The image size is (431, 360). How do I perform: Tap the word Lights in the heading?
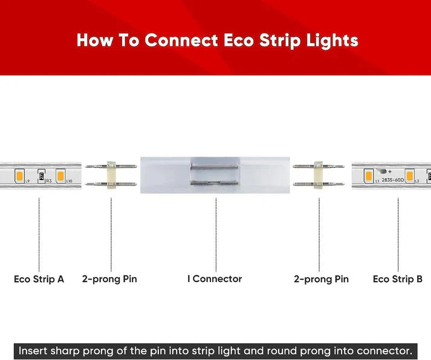(x=332, y=41)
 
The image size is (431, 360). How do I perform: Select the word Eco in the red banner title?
(x=241, y=41)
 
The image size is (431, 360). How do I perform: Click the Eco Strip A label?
(x=39, y=279)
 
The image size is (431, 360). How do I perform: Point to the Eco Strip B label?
(x=397, y=279)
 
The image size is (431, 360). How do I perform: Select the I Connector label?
(x=215, y=279)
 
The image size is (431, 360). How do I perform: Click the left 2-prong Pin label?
(x=109, y=279)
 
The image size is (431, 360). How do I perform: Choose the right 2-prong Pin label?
(x=321, y=279)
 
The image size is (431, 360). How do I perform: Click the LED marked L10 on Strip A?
(x=60, y=176)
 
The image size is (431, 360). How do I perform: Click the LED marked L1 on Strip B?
(x=368, y=176)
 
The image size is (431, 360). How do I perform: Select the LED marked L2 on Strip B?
(x=409, y=176)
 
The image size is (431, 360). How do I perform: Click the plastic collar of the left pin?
(x=111, y=176)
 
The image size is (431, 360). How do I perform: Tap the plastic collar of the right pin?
(x=318, y=176)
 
